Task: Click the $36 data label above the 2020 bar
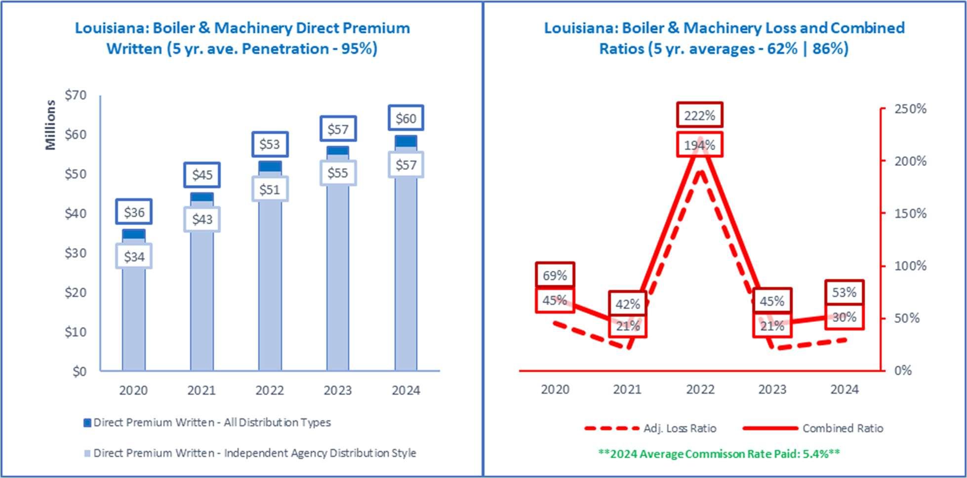pos(134,212)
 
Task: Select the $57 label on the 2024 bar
pos(406,165)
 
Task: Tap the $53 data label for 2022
pos(270,144)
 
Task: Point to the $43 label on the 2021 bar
pos(202,219)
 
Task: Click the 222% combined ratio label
pos(700,116)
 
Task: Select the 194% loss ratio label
pos(700,145)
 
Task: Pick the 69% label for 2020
pos(555,275)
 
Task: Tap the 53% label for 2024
pos(845,292)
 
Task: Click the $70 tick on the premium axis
pos(76,95)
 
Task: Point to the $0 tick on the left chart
pos(80,371)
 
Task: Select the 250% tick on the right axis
pos(910,109)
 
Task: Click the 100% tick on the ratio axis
pos(910,266)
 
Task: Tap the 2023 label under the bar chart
pos(338,390)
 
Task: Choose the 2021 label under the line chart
pos(627,389)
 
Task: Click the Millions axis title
pos(50,124)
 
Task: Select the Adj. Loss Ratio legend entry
pos(650,428)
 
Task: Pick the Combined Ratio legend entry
pos(813,428)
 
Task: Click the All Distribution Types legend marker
pos(87,423)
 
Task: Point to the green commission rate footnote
pos(719,453)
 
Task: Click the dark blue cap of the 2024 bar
pos(406,141)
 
